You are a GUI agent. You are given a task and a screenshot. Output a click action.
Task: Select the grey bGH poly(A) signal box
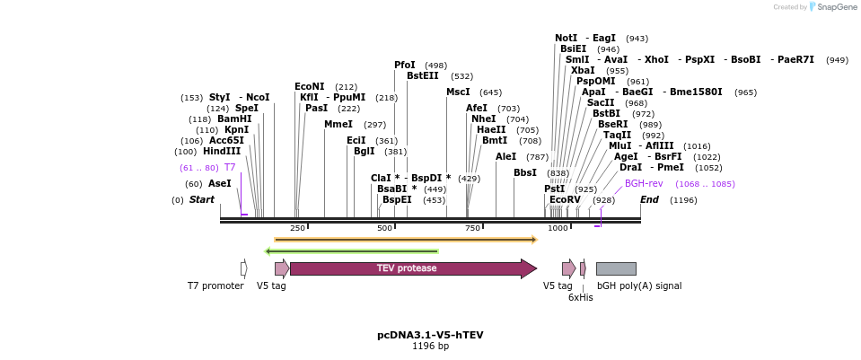pyautogui.click(x=616, y=268)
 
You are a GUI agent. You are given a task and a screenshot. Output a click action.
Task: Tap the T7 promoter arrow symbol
pyautogui.click(x=243, y=268)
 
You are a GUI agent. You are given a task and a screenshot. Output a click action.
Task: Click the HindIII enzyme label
pyautogui.click(x=221, y=152)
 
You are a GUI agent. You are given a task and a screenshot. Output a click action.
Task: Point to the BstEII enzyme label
pyautogui.click(x=423, y=76)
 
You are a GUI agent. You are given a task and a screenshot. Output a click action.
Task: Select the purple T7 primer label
pyautogui.click(x=230, y=168)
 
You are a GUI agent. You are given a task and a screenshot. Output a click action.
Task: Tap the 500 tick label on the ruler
pyautogui.click(x=384, y=229)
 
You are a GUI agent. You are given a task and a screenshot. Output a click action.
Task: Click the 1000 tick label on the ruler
pyautogui.click(x=558, y=229)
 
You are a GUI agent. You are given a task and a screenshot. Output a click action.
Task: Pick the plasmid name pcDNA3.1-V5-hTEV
pyautogui.click(x=430, y=335)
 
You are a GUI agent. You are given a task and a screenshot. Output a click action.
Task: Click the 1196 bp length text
pyautogui.click(x=430, y=346)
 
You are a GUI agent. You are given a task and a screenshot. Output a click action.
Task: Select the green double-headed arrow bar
pyautogui.click(x=351, y=251)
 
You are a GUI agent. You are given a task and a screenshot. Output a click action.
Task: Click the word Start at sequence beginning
pyautogui.click(x=202, y=199)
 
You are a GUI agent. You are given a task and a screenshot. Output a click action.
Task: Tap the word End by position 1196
pyautogui.click(x=649, y=199)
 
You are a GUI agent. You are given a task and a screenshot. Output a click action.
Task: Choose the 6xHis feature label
pyautogui.click(x=581, y=297)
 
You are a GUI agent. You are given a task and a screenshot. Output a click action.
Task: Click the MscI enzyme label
pyautogui.click(x=458, y=92)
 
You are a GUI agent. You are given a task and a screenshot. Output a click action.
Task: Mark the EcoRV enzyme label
pyautogui.click(x=565, y=199)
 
